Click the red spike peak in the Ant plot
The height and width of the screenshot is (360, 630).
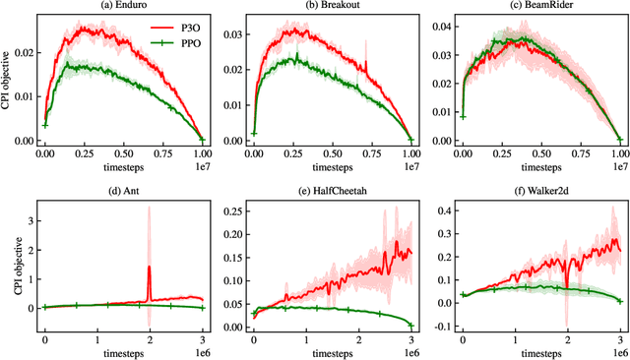[149, 267]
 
